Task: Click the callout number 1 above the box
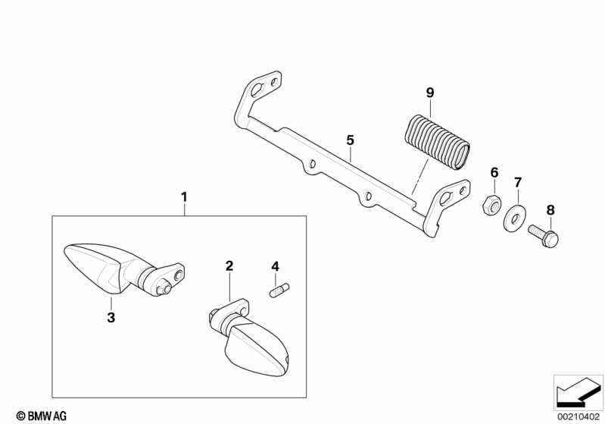[185, 197]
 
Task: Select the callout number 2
[229, 266]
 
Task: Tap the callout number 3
[111, 318]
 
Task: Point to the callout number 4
[275, 266]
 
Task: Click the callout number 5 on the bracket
[350, 140]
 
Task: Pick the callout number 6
[494, 172]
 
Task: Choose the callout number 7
[518, 182]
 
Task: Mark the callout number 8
[550, 210]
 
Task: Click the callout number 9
[430, 93]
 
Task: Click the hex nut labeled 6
[491, 204]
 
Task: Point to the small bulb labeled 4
[279, 290]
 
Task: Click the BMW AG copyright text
[42, 416]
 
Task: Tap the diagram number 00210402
[578, 416]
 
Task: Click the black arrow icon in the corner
[578, 393]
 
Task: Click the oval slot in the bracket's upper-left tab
[257, 90]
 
